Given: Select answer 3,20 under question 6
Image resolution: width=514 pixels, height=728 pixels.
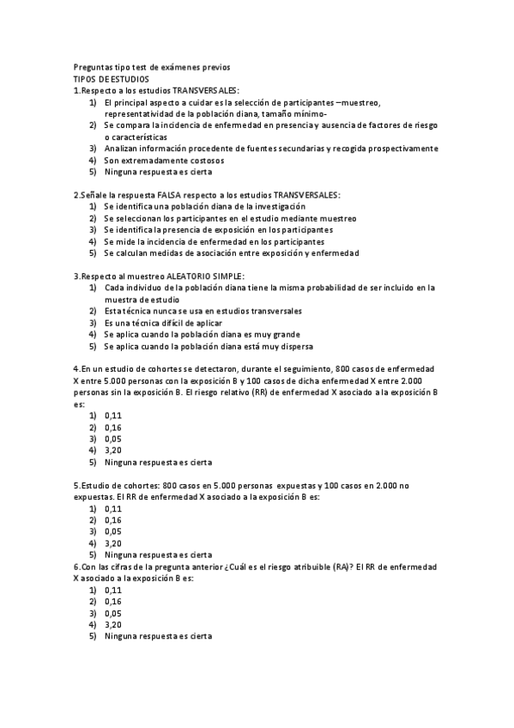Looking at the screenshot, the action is (x=112, y=625).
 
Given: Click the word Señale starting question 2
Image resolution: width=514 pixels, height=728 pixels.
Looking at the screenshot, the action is (x=94, y=195).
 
